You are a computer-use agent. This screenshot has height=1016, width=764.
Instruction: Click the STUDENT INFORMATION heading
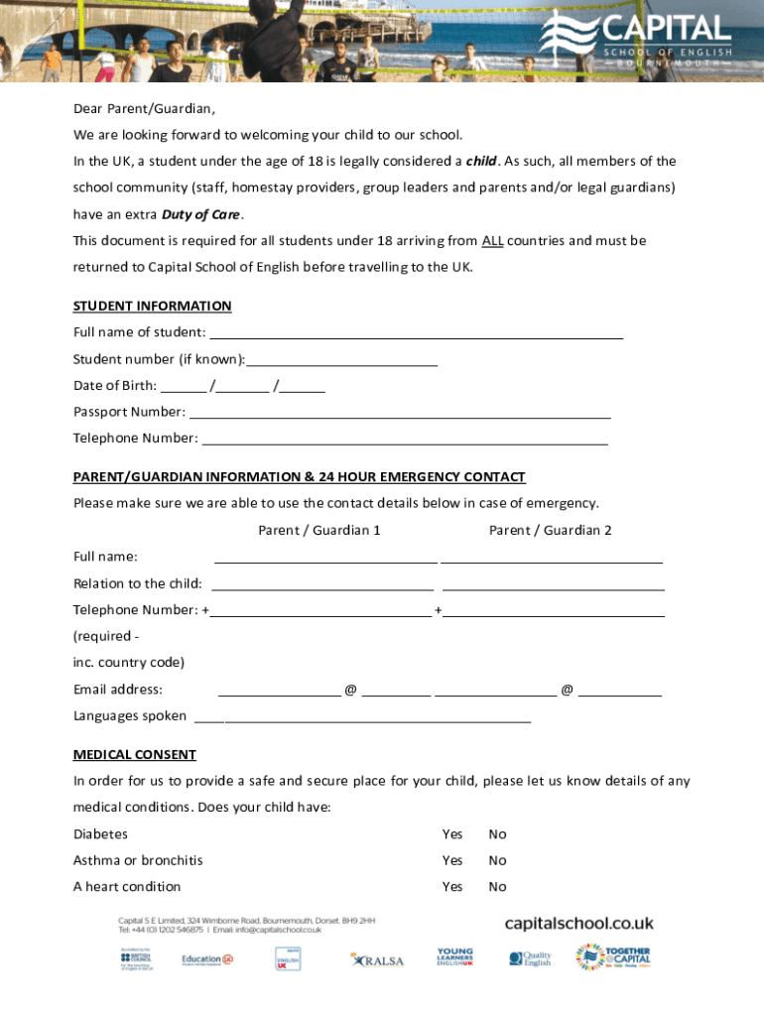tap(152, 306)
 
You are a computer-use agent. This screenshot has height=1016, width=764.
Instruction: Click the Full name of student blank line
tap(416, 332)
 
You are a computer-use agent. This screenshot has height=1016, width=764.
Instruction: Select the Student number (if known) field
tap(342, 359)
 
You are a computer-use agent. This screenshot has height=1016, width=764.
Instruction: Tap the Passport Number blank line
tap(400, 412)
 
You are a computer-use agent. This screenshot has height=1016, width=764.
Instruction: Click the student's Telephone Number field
tap(405, 439)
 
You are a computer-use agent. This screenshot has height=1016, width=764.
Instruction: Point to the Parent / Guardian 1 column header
tap(319, 530)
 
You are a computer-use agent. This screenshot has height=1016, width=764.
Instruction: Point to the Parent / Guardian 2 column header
tap(550, 530)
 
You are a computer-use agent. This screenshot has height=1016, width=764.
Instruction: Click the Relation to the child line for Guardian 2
tap(553, 583)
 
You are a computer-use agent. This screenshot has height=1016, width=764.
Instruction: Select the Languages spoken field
tap(362, 716)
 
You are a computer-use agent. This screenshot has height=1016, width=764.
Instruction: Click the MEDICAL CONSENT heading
tap(134, 755)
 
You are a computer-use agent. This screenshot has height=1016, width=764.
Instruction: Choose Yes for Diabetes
tap(452, 834)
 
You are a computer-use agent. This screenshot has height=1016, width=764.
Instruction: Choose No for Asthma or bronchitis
tap(497, 860)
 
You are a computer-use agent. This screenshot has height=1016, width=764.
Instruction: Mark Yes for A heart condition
tap(452, 886)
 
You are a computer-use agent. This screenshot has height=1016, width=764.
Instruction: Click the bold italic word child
tap(481, 162)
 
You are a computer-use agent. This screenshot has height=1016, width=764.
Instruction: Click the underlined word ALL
tap(492, 241)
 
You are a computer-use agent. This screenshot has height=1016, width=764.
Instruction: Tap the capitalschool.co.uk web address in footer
tap(579, 924)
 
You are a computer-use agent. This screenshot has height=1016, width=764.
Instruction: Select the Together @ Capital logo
tap(614, 957)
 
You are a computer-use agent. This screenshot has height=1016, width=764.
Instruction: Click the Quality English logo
tap(530, 958)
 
